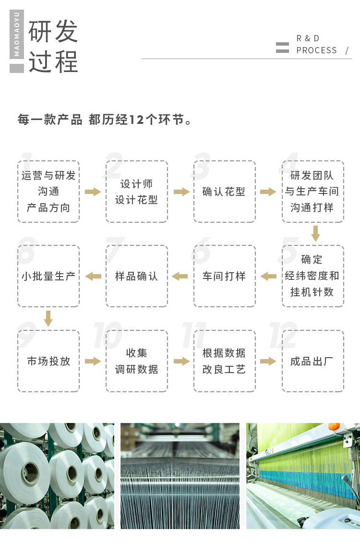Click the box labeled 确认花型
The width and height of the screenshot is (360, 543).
tap(225, 192)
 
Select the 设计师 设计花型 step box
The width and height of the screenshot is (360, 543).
tap(137, 192)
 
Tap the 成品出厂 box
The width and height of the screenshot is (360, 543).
tap(313, 361)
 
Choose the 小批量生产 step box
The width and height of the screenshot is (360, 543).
tap(48, 276)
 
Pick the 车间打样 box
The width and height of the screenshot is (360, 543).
tap(225, 276)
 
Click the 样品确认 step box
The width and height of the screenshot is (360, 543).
tap(137, 276)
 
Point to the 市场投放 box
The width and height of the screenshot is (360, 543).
tap(48, 361)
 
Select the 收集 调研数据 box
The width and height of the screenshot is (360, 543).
tap(137, 361)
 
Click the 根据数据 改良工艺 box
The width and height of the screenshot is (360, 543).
tap(225, 361)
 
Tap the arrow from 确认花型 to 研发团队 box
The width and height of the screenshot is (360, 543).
tap(268, 192)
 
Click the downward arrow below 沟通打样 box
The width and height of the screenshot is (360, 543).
tap(315, 234)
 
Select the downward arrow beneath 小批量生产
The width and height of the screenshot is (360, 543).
tap(48, 318)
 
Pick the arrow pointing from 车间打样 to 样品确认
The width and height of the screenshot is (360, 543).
tap(180, 276)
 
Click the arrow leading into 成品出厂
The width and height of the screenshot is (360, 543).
tap(268, 361)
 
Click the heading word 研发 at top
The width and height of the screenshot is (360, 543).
tap(53, 32)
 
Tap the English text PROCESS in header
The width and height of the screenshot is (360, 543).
tap(317, 50)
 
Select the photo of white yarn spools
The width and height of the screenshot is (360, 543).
tap(57, 476)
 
